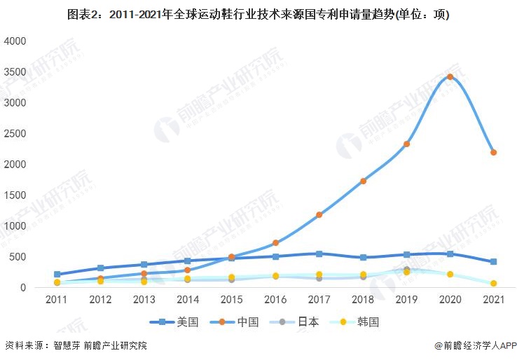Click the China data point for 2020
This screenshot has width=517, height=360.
pos(450,77)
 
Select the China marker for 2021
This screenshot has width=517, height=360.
pos(493,152)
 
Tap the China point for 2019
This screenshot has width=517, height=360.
pos(406,144)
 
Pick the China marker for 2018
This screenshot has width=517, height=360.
pos(363,181)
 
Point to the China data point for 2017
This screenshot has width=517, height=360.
pos(319,215)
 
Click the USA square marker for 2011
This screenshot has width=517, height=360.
pos(57,275)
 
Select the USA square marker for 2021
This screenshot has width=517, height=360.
pos(493,262)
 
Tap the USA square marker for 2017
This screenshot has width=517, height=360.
pos(319,254)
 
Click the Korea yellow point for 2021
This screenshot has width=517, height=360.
pos(493,284)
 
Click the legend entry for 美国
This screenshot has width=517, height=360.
pos(178,322)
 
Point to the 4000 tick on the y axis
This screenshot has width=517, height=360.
pos(15,41)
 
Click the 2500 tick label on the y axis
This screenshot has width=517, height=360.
pos(15,133)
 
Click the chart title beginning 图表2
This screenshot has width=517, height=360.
pos(258,15)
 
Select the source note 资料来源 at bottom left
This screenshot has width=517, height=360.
pos(76,346)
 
